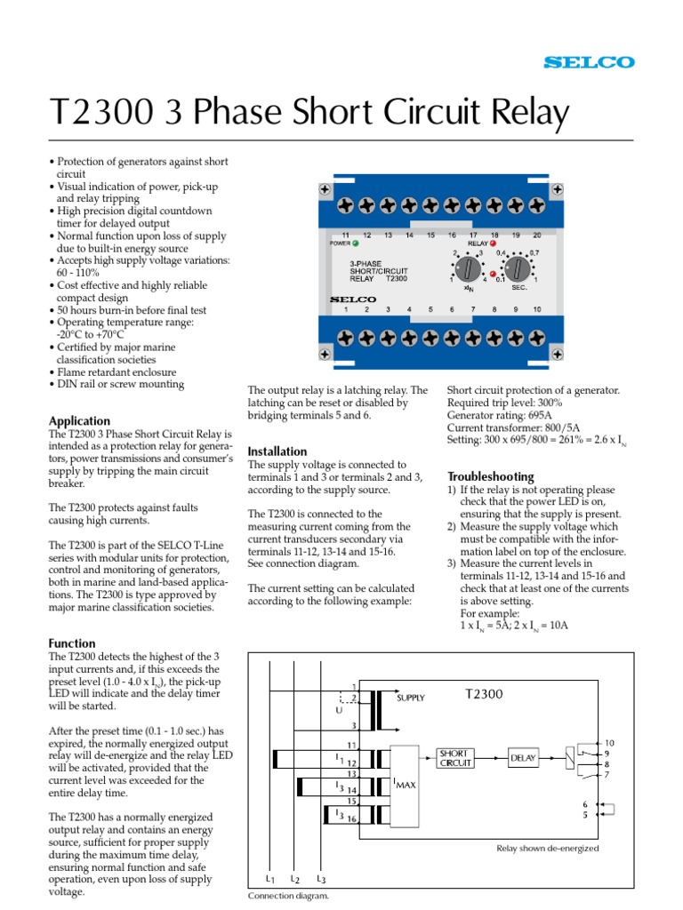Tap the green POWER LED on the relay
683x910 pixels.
point(356,243)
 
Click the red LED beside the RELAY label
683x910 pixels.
point(494,243)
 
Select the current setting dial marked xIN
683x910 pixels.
point(468,267)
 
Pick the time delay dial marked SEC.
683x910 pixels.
point(518,267)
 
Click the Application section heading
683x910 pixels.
point(79,420)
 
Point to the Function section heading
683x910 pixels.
point(72,643)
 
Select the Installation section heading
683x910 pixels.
point(277,451)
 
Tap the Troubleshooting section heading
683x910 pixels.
point(490,476)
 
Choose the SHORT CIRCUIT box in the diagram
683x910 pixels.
point(454,757)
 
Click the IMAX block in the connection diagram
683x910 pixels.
point(406,783)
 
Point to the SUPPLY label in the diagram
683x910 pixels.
point(412,698)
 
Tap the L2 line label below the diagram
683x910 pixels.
point(294,879)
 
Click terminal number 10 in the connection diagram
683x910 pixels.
point(609,742)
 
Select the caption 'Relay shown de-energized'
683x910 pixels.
point(547,849)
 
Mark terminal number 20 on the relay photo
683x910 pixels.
point(536,235)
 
